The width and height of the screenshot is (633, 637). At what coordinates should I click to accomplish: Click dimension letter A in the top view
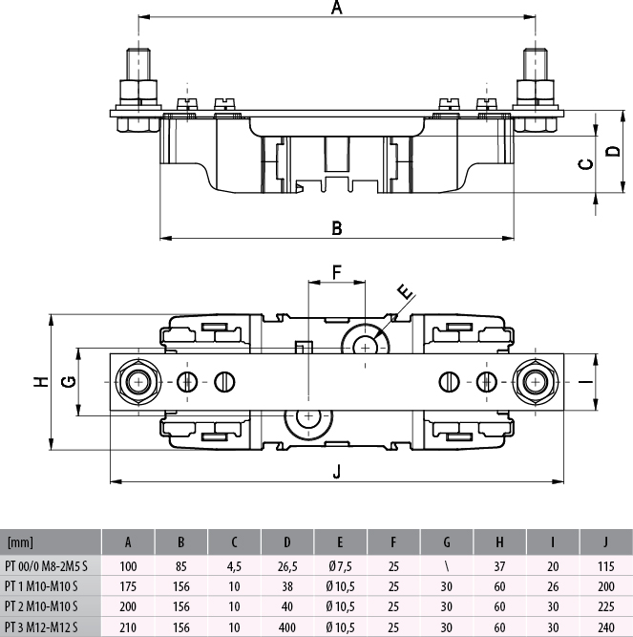336,9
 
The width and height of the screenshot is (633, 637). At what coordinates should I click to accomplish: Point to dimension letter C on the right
586,163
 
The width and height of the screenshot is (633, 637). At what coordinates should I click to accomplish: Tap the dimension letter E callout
404,291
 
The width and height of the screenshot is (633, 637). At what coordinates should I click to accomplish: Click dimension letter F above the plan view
336,272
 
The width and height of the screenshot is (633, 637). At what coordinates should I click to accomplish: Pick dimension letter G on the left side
68,382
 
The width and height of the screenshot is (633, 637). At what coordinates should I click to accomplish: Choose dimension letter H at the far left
40,381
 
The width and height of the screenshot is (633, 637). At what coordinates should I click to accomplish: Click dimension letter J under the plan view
336,470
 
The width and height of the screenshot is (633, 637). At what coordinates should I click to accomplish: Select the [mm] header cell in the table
19,543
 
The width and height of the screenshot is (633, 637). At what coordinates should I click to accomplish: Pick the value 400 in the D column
287,626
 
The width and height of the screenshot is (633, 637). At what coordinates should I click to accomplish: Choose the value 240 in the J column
605,626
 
